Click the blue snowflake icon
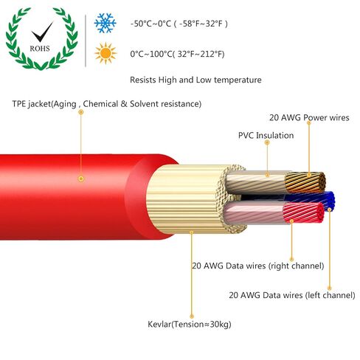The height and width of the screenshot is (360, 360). click(x=105, y=23)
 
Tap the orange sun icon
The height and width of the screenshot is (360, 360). click(x=105, y=53)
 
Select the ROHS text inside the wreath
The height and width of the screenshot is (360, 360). click(x=40, y=49)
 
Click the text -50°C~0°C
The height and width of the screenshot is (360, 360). click(x=150, y=24)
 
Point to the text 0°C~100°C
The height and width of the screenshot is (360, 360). click(x=150, y=54)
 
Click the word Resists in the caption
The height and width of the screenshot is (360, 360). click(x=143, y=80)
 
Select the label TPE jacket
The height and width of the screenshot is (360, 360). click(x=32, y=104)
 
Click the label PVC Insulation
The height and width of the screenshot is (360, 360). click(x=266, y=135)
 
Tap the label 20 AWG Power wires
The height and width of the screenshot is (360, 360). click(x=309, y=117)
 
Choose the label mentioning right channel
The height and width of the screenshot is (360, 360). click(x=258, y=266)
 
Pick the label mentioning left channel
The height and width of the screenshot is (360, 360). click(x=292, y=295)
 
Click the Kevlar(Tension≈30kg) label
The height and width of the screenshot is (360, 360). click(x=190, y=324)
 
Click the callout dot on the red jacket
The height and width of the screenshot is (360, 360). click(x=81, y=179)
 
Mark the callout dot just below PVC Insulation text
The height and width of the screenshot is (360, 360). click(x=268, y=142)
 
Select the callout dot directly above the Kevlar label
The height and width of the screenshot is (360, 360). click(x=192, y=316)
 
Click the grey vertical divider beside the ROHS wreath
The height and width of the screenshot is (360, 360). click(x=86, y=41)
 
